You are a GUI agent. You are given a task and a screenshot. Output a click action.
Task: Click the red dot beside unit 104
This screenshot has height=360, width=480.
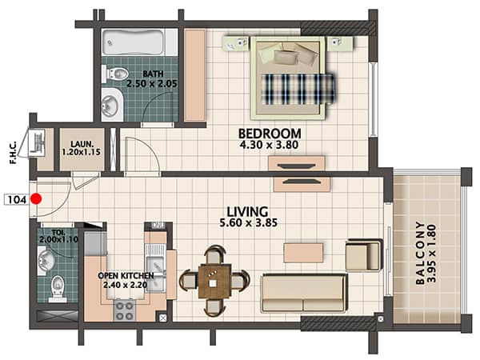click(x=37, y=198)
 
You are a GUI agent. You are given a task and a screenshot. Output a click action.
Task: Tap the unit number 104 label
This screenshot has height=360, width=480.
click(x=17, y=199)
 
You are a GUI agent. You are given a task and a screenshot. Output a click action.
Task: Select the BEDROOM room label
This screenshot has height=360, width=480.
click(x=270, y=134)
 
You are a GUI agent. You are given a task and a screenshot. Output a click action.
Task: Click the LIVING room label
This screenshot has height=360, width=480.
click(x=247, y=211)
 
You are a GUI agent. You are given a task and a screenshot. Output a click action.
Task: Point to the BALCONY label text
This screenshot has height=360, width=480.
click(x=420, y=253)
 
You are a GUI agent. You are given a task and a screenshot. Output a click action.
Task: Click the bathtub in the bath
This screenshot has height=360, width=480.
click(x=133, y=42)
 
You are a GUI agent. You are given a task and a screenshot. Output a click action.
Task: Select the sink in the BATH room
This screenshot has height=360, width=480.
click(x=110, y=104)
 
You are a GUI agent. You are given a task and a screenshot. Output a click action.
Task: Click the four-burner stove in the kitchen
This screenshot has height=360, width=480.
click(x=124, y=310)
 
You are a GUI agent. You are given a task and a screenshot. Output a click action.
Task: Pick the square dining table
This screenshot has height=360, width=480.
click(x=214, y=282)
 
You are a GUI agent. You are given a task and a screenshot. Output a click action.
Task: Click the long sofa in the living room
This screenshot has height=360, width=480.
click(x=304, y=294)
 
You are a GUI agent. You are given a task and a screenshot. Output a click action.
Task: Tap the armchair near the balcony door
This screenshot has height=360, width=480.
click(x=364, y=255)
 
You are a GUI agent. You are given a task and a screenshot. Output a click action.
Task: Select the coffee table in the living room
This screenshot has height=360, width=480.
click(x=303, y=253)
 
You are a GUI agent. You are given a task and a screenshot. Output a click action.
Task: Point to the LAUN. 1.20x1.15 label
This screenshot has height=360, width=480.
click(x=82, y=148)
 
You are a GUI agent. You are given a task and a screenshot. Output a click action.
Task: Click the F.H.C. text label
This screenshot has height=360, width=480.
click(x=13, y=153)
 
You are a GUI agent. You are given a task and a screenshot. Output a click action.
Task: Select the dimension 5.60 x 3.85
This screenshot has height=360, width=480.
click(x=249, y=222)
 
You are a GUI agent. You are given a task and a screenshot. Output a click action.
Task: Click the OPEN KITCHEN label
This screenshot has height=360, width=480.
click(x=126, y=275)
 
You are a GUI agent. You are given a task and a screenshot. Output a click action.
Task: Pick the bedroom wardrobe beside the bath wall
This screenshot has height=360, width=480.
click(x=194, y=75)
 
